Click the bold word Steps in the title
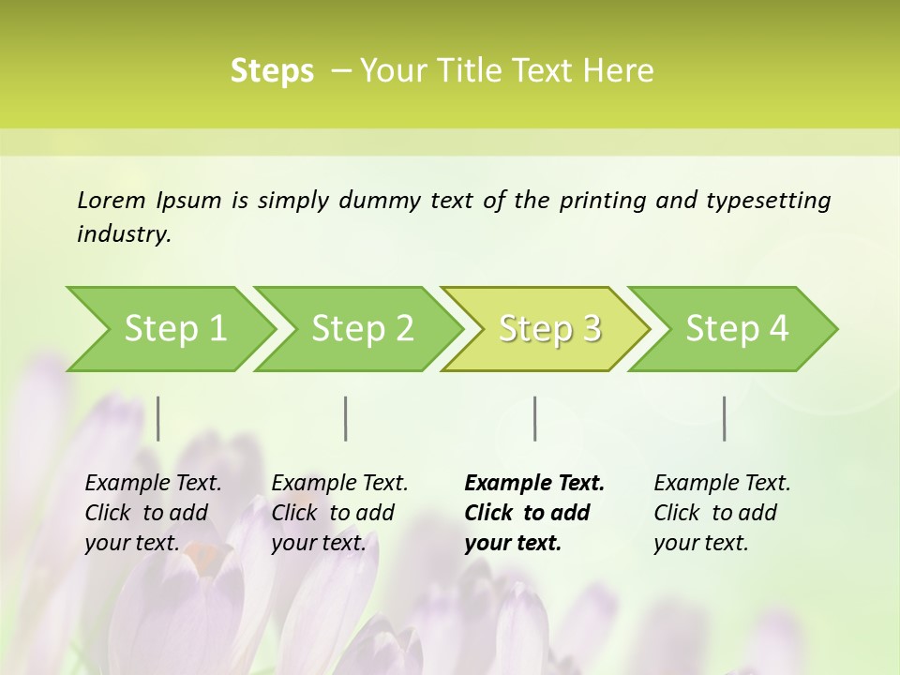coord(272,71)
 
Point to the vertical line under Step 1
coord(158,418)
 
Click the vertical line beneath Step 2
coord(346,418)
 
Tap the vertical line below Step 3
coord(535,418)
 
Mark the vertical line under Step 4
coord(725,418)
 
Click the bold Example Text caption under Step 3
coord(534,513)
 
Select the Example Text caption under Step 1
coord(153,513)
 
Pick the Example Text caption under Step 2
coord(339,513)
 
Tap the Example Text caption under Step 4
coord(722,513)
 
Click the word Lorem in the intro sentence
coord(112,201)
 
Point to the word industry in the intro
coord(124,234)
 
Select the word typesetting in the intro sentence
coord(768,201)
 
